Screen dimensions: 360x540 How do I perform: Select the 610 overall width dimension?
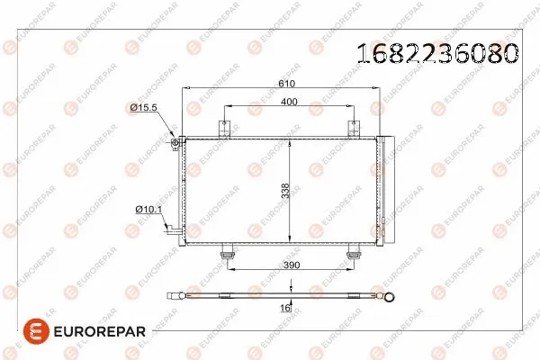[285, 82]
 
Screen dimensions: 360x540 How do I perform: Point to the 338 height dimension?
[283, 191]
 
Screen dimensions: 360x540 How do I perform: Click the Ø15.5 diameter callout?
[144, 108]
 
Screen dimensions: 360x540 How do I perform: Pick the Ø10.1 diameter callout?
[147, 210]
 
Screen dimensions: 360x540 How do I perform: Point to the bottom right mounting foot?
[351, 253]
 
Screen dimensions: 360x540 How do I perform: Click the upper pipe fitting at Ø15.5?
[177, 141]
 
